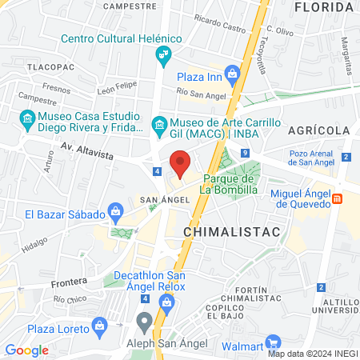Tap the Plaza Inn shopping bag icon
coord(232,74)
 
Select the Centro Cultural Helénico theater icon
coord(163,54)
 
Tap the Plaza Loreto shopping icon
coord(100,325)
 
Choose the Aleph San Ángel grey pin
coord(144,322)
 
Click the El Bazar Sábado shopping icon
coord(116,213)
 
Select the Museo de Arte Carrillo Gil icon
coord(158,125)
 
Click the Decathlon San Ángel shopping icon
coord(166,302)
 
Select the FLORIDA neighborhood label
coord(324,7)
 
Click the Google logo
coord(26,350)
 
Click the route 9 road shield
coord(244,154)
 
